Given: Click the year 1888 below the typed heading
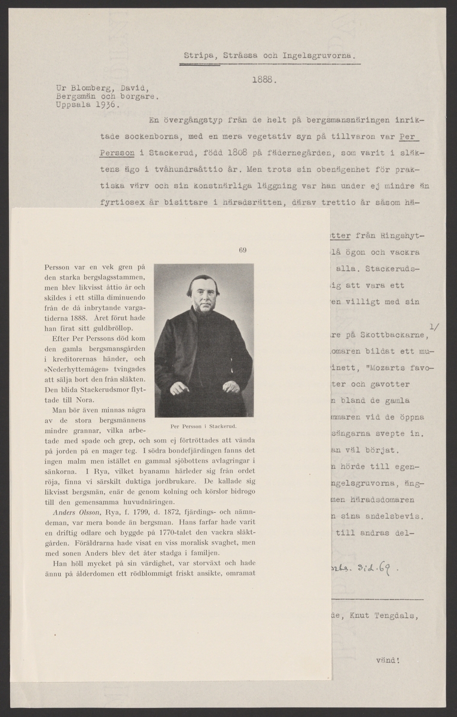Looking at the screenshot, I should coord(263,78).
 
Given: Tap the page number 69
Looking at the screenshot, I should coord(242,250).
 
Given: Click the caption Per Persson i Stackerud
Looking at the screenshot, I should coord(204,427).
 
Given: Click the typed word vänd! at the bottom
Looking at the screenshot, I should coord(388,661).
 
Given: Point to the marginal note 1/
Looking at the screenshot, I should coord(435,326).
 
